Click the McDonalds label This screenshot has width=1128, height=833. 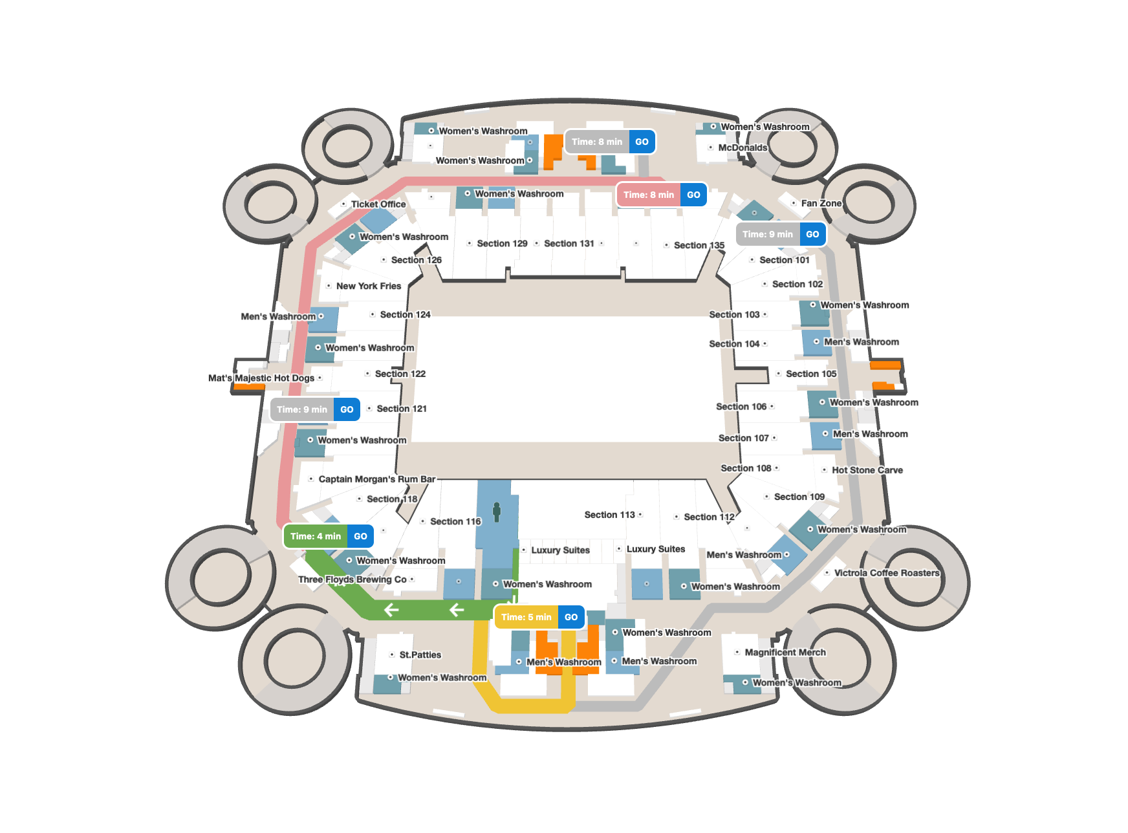(x=743, y=147)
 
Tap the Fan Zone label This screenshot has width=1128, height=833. (x=821, y=203)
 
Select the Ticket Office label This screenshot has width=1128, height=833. (x=378, y=204)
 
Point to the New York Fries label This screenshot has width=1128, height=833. (x=369, y=286)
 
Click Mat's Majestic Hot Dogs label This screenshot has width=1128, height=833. (x=261, y=378)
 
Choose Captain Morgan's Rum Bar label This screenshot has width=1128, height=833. (x=377, y=479)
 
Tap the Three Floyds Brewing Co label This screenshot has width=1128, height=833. (x=352, y=579)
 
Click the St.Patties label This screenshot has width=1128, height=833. (x=420, y=655)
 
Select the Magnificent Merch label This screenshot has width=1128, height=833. (x=785, y=653)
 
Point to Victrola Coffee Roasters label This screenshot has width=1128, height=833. (x=887, y=573)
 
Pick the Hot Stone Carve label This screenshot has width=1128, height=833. (x=867, y=470)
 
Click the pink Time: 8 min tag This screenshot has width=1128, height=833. (x=648, y=195)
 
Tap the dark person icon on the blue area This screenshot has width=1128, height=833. (x=497, y=512)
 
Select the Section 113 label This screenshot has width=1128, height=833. (x=610, y=515)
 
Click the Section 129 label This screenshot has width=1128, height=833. (x=503, y=244)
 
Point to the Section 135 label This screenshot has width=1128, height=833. (x=699, y=246)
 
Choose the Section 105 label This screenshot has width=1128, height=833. (x=811, y=374)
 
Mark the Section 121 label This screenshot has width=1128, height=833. (x=402, y=409)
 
